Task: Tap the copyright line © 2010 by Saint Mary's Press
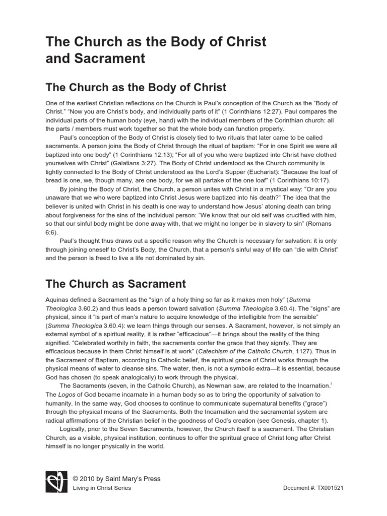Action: (117, 479)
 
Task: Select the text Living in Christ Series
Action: (102, 488)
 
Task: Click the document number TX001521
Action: (327, 489)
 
